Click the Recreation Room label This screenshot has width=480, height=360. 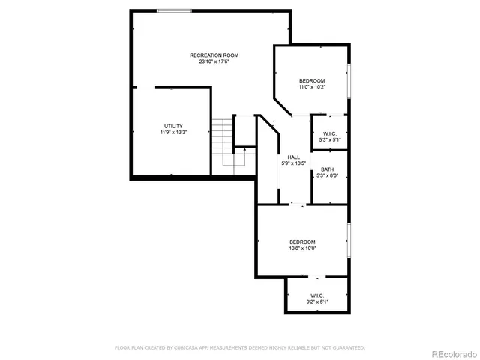[214, 55]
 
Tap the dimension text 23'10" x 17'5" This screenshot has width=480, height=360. [214, 62]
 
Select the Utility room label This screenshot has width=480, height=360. [173, 126]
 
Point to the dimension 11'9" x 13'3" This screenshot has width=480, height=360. [173, 133]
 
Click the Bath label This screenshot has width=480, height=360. [328, 169]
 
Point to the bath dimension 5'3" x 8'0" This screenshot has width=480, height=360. [328, 176]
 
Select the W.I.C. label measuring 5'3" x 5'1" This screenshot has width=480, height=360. [330, 133]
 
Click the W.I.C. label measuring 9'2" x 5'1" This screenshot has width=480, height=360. [316, 295]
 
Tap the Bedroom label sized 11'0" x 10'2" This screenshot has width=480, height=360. [312, 80]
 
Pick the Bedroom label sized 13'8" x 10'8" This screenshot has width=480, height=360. [303, 241]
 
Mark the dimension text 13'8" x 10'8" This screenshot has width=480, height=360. [303, 248]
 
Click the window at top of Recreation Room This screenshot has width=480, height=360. [173, 10]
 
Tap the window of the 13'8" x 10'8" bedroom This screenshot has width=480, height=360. [349, 240]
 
